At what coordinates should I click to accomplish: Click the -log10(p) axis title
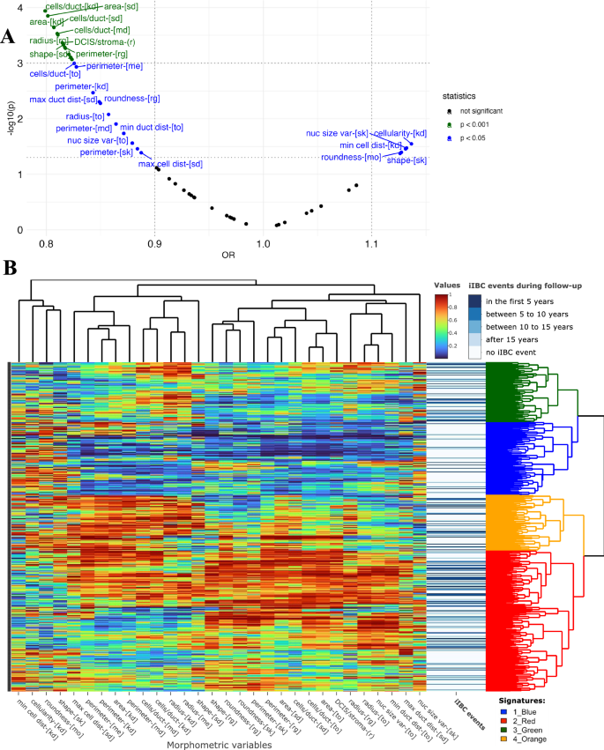[x=9, y=120]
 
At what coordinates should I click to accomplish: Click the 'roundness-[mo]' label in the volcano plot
[x=351, y=157]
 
